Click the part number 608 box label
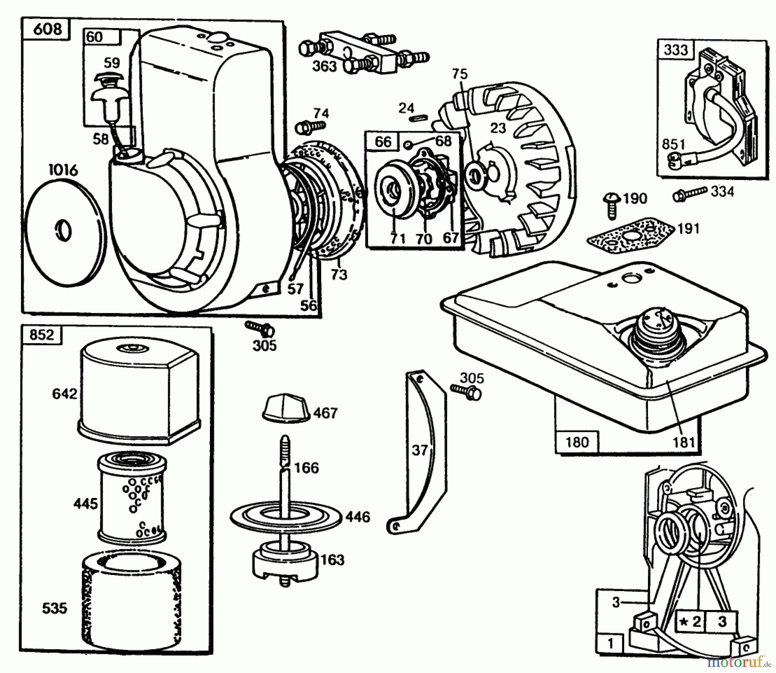coord(47,30)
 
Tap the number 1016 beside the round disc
coord(63,170)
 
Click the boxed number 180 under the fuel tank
coord(576,442)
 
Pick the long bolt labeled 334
coord(690,193)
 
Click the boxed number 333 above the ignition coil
coord(676,50)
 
